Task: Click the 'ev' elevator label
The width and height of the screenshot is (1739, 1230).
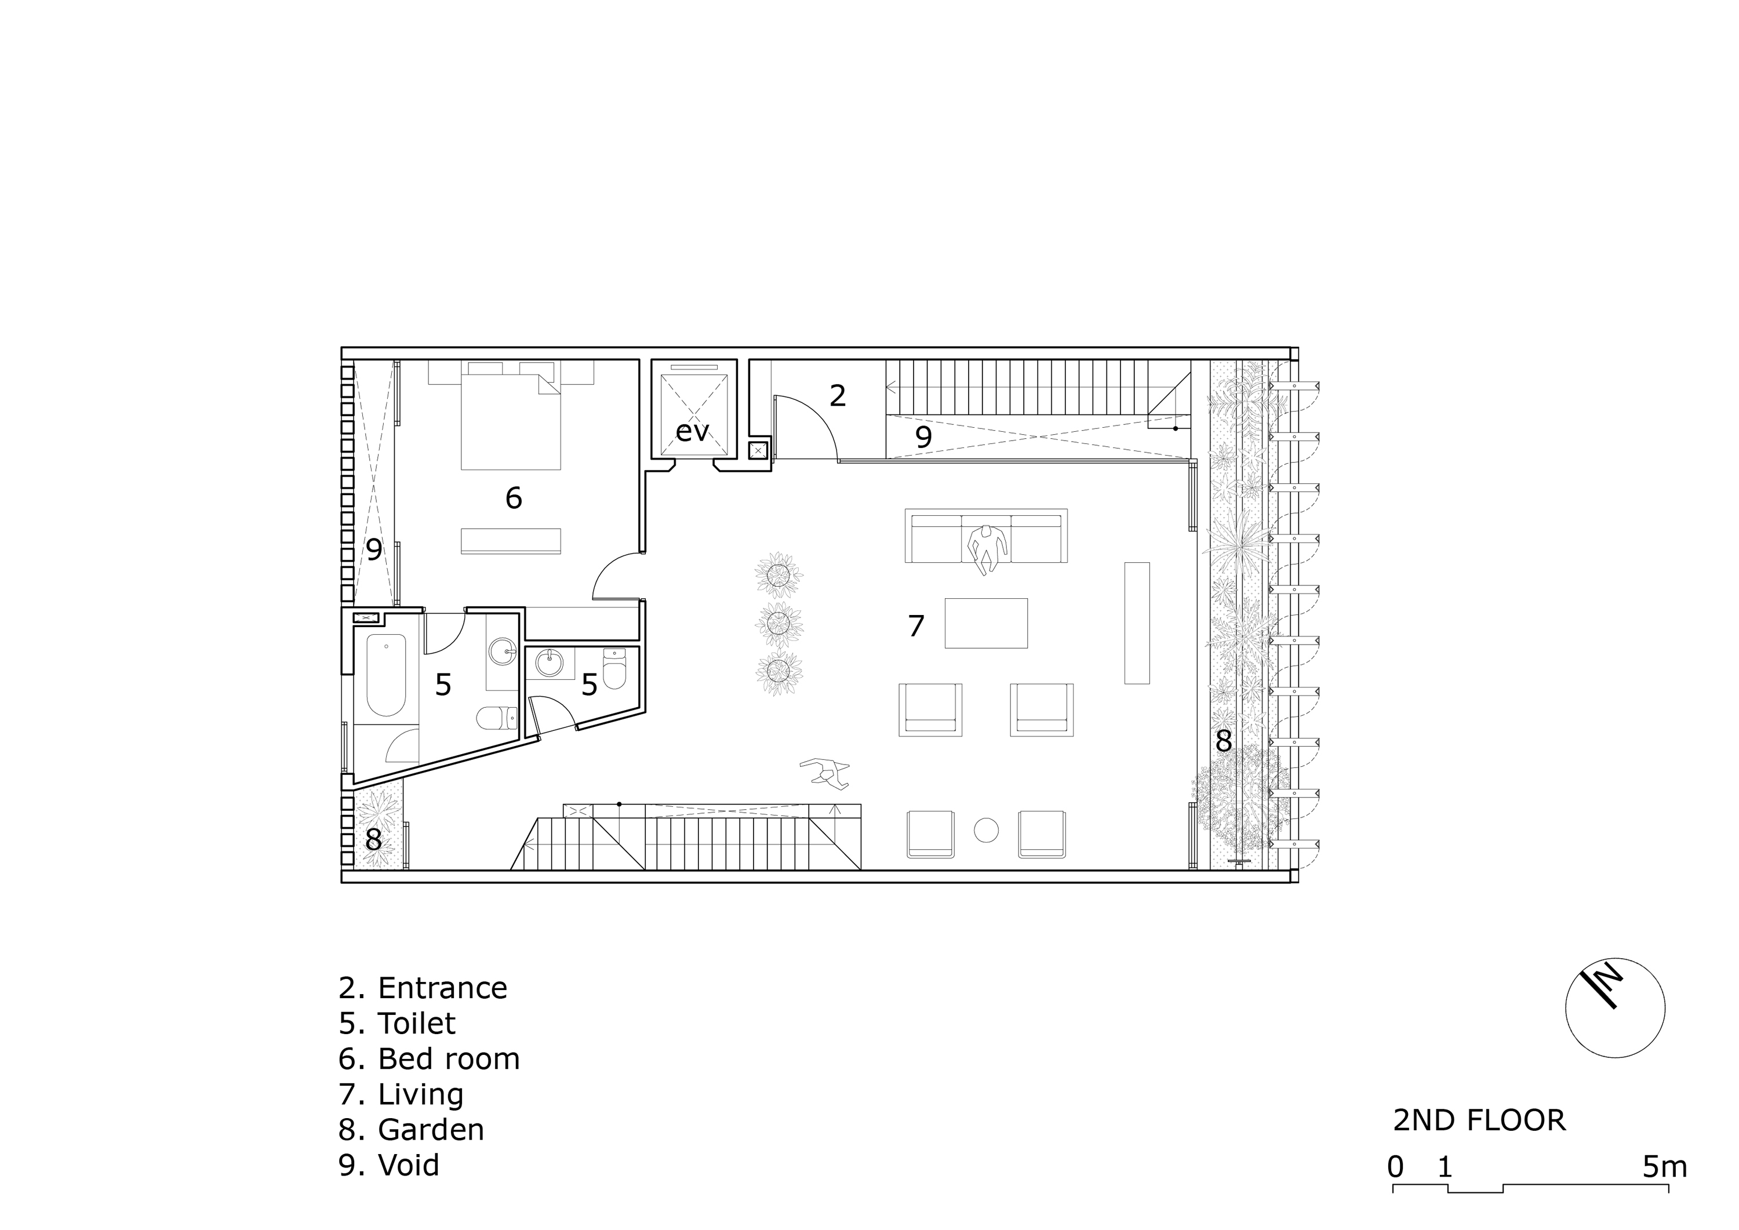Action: (x=692, y=432)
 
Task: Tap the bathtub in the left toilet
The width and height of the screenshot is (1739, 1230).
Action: (x=385, y=675)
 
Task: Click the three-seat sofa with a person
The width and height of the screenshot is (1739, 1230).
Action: (x=985, y=536)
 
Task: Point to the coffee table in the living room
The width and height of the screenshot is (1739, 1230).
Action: (x=985, y=623)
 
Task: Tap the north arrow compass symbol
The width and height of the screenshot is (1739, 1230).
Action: (x=1615, y=1008)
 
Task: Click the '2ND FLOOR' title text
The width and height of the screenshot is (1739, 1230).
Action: (x=1479, y=1120)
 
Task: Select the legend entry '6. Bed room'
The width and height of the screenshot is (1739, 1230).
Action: (x=430, y=1059)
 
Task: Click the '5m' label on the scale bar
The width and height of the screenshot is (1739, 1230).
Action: (x=1664, y=1167)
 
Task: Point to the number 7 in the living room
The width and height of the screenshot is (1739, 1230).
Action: (x=916, y=627)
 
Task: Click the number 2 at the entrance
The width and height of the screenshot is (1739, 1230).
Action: (x=837, y=395)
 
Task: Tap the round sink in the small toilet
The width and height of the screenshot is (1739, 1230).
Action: (x=549, y=664)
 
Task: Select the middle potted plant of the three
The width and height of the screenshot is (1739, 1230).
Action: (x=780, y=624)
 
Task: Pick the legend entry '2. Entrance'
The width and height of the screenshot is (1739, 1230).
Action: (x=423, y=988)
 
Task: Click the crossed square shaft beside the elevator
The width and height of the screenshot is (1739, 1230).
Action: (x=759, y=450)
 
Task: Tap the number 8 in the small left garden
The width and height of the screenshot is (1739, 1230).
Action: (x=373, y=840)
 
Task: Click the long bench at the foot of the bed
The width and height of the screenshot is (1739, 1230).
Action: (x=511, y=541)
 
